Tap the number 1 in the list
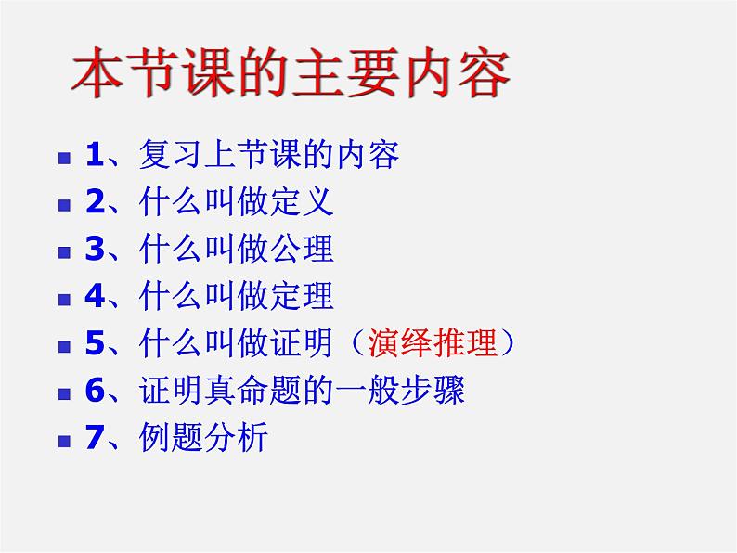coord(94,153)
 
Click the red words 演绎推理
coord(433,343)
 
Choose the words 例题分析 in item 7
coord(204,438)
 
